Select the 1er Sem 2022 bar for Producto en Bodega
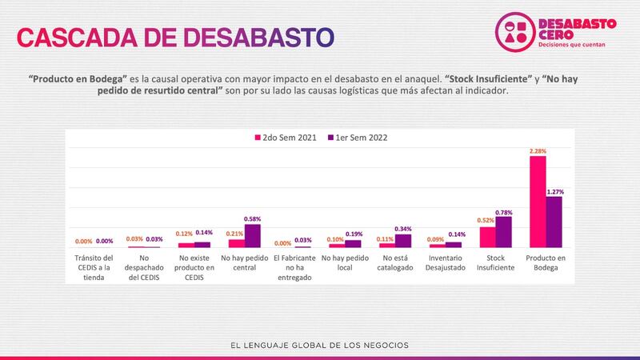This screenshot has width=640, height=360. [x=554, y=222]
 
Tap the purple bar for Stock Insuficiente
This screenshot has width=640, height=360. [x=503, y=232]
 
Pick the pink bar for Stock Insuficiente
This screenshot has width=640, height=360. [x=487, y=237]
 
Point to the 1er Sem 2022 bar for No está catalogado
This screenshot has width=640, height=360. [x=402, y=240]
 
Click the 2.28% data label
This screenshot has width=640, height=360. [x=538, y=150]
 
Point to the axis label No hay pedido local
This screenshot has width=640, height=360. [x=346, y=264]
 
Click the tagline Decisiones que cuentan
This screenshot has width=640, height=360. [x=578, y=45]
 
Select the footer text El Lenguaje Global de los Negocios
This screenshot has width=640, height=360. [x=319, y=346]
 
